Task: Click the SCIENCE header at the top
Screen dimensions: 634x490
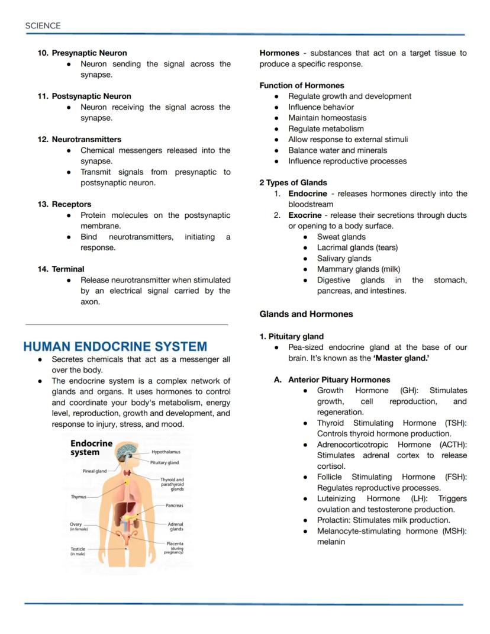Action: (43, 25)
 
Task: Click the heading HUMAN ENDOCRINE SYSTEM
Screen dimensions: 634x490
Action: (115, 346)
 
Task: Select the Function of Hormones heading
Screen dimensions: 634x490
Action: (301, 85)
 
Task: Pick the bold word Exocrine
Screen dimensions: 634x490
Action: (305, 215)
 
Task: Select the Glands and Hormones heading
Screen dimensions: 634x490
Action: (306, 314)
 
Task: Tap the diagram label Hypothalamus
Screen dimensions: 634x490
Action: (166, 452)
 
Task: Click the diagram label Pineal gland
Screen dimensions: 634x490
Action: (94, 471)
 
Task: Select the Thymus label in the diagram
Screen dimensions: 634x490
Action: (79, 497)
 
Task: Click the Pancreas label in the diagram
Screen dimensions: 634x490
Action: (174, 506)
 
